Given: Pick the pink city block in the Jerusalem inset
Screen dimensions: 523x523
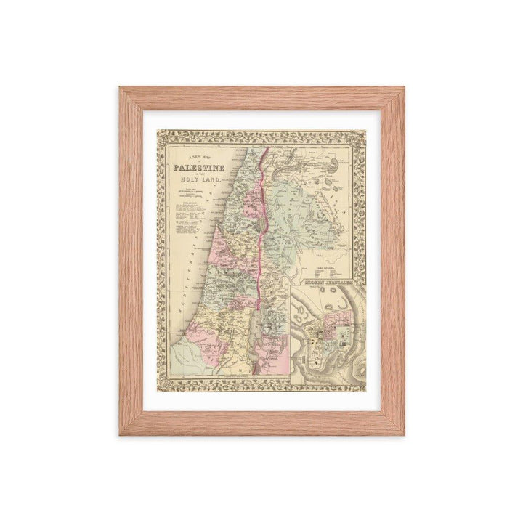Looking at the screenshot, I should [x=333, y=320].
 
